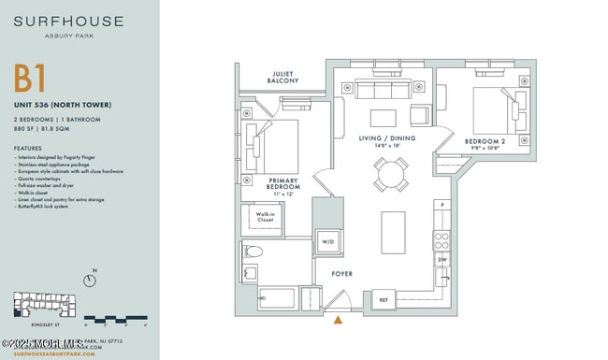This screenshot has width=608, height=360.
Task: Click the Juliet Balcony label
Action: click(x=285, y=78)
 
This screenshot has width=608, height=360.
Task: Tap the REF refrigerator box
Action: click(x=383, y=300)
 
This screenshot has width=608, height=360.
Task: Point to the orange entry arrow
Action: click(x=338, y=320)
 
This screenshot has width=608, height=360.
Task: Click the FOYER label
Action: click(x=341, y=275)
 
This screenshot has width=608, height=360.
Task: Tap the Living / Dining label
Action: click(x=387, y=141)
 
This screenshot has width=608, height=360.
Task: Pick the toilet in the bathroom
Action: click(x=254, y=252)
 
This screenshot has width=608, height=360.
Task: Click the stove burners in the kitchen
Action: click(x=442, y=239)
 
